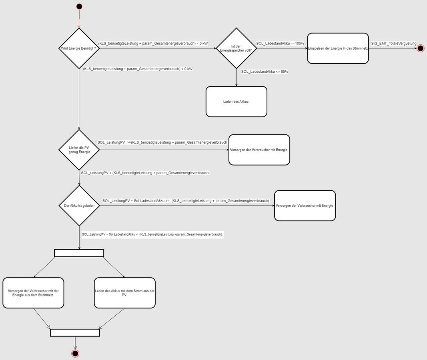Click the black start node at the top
(79, 6)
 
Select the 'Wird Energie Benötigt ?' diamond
(79, 48)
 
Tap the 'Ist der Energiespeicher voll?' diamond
(237, 48)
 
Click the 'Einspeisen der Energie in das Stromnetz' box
(338, 48)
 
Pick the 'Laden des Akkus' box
(237, 102)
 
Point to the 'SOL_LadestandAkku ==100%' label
(280, 44)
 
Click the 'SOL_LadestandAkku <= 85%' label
(265, 72)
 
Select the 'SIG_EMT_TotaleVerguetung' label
(394, 44)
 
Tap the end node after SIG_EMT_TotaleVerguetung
(421, 48)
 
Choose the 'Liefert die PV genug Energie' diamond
(79, 150)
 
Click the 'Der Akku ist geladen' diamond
(79, 206)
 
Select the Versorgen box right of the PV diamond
(259, 150)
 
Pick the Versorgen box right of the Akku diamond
(305, 206)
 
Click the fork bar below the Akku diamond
(79, 253)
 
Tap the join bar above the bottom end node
(75, 333)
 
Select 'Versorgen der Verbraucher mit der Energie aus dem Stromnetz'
(33, 293)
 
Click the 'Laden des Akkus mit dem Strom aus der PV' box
(125, 293)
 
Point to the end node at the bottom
(75, 354)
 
